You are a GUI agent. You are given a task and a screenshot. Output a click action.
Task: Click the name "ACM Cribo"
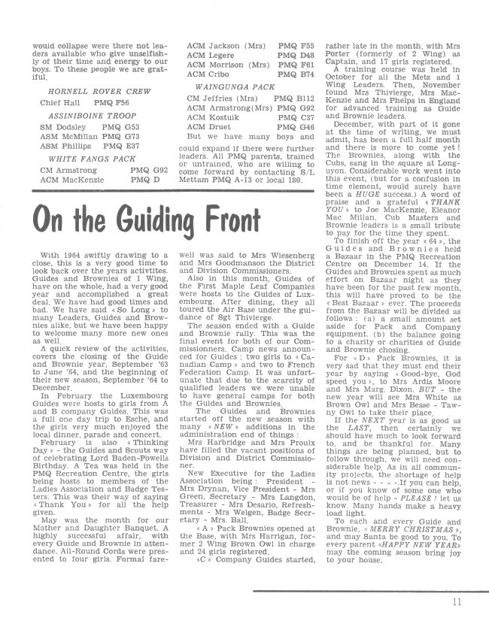[x=205, y=75]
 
